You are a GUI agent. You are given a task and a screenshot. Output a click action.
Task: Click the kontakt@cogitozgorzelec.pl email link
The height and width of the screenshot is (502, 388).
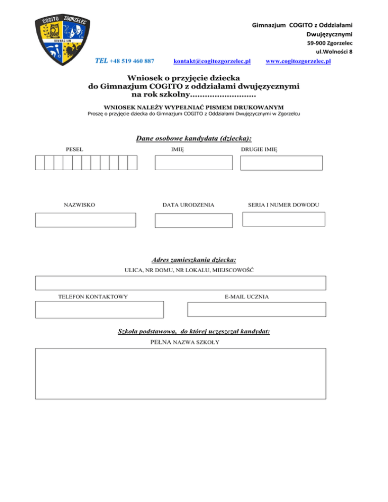[212, 62]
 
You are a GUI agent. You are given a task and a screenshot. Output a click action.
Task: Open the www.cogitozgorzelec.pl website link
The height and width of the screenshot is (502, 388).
[298, 62]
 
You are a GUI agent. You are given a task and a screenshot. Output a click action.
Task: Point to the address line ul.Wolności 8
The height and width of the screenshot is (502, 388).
[334, 52]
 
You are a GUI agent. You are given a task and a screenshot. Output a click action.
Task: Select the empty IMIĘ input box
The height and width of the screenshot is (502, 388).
[193, 163]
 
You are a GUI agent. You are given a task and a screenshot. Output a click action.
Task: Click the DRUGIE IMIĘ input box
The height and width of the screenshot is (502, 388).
[281, 163]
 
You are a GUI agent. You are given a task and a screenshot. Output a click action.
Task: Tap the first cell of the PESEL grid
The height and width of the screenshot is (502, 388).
[39, 163]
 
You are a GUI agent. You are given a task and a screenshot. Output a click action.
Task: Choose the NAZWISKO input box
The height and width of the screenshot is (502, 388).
[85, 220]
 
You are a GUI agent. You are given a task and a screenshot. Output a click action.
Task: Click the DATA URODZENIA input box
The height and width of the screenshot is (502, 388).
[193, 220]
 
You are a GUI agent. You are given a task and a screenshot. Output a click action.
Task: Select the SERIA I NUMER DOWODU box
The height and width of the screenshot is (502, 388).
[283, 219]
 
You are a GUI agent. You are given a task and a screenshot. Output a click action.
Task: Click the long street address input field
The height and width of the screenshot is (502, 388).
[180, 283]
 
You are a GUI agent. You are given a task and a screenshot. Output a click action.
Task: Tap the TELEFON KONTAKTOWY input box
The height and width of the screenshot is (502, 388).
[100, 309]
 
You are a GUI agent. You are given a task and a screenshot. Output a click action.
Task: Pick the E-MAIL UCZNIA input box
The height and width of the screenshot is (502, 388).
[257, 309]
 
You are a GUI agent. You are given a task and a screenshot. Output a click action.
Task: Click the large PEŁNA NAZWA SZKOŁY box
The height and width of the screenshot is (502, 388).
[180, 373]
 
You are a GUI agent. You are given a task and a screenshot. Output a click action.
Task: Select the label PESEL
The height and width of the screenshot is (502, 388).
[75, 149]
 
